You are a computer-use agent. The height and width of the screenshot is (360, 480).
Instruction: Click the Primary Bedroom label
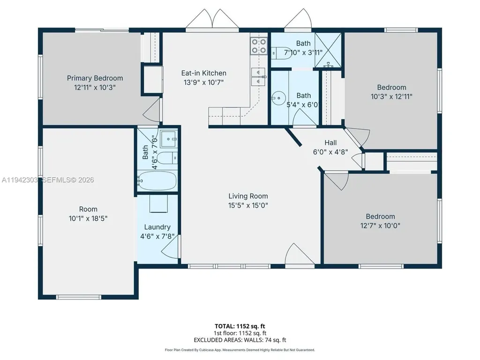coord(95,78)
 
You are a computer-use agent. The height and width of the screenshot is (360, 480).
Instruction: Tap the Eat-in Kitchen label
coord(203,73)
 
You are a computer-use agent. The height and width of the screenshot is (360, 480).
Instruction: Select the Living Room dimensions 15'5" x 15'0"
coord(248,205)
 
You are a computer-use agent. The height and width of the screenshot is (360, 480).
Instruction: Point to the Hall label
coord(330,142)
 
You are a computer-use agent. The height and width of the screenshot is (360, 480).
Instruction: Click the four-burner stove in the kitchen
coord(259,46)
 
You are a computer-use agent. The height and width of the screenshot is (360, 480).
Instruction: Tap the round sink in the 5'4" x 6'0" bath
coord(279,98)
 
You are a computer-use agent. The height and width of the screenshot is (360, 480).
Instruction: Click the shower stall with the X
coord(328,50)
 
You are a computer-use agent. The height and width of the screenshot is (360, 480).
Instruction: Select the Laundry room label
coord(157,227)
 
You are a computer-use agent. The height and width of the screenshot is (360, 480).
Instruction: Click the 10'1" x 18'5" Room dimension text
coord(88,218)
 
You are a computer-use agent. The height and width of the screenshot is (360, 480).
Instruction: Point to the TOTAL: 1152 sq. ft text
coord(240,326)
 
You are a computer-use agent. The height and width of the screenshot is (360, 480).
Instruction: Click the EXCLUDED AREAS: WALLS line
coord(240,340)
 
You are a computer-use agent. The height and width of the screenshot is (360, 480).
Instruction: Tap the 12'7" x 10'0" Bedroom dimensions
coord(380,226)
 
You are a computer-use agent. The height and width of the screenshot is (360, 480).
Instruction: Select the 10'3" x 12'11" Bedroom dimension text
coord(391,97)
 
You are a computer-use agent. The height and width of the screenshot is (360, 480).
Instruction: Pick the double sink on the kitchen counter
coord(259,77)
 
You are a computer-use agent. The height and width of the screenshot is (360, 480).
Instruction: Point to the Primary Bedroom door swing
coord(152,109)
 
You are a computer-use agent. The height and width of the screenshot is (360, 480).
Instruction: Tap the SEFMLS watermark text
coord(68,180)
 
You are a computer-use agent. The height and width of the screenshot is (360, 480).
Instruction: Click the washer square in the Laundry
coord(158,203)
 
